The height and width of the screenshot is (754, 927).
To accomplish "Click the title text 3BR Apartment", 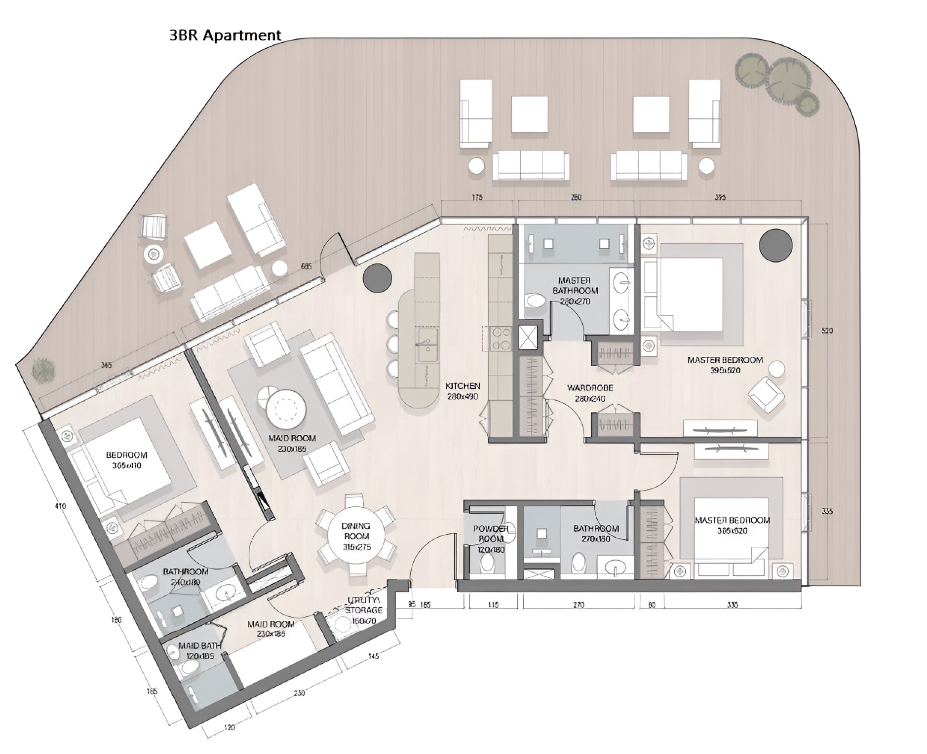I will [225, 35].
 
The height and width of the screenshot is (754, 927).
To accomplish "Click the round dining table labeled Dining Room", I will [356, 536].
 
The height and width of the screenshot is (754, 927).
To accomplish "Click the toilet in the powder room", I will [487, 562].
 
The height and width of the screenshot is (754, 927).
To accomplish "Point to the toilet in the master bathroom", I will [534, 302].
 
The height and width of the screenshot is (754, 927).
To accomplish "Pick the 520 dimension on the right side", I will [827, 331].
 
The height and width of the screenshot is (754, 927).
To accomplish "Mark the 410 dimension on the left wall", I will [61, 506].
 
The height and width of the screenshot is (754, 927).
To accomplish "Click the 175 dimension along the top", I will [477, 197].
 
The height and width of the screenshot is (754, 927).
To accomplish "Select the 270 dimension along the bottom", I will [578, 604].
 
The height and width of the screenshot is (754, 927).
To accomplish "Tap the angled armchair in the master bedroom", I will [766, 394].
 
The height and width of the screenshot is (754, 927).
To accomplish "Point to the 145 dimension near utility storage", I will [373, 656].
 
